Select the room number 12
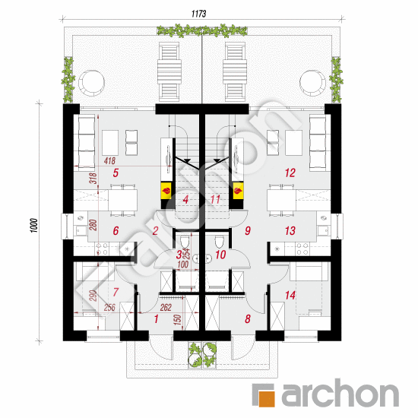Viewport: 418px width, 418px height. click(x=289, y=173)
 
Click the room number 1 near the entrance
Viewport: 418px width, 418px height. click(x=156, y=320)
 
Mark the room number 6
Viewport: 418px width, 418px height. click(x=116, y=230)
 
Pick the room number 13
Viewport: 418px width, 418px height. click(x=289, y=230)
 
